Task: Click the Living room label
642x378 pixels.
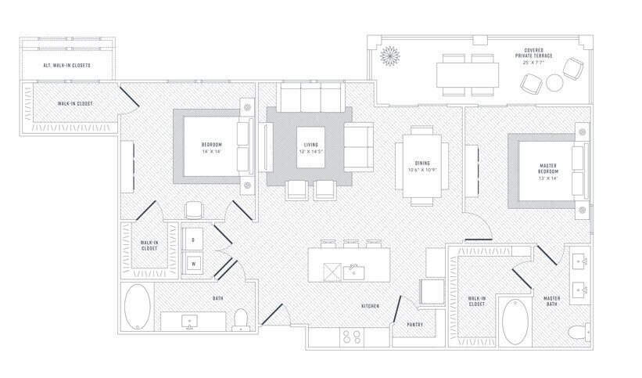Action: point(311,145)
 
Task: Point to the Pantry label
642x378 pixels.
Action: point(414,325)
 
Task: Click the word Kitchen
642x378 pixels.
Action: point(370,306)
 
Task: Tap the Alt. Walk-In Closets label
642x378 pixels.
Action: point(66,66)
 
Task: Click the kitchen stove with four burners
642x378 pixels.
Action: point(352,337)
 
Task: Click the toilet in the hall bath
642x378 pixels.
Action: point(240,319)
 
